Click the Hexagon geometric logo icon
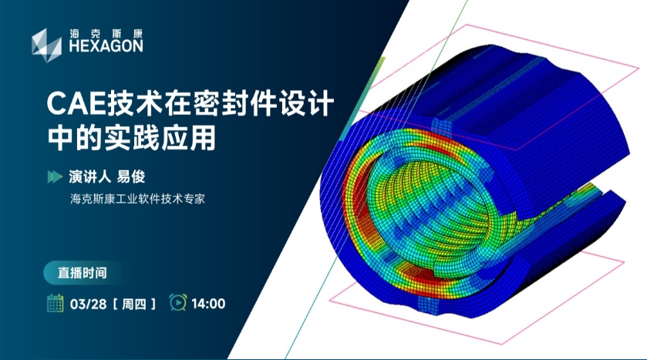pos(46,45)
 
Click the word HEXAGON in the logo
pos(106,46)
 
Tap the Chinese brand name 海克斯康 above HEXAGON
pos(106,33)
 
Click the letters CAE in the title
pos(76,104)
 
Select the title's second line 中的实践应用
pos(132,138)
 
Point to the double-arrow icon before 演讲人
pos(55,177)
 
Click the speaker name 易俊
pos(131,177)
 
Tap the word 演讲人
pos(89,177)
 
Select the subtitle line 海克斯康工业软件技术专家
pos(137,199)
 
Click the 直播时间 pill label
pos(82,273)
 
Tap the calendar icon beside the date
pos(55,303)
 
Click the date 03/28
pos(89,304)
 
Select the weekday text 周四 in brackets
pos(134,304)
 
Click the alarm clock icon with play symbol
pos(178,302)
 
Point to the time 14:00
pos(208,304)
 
